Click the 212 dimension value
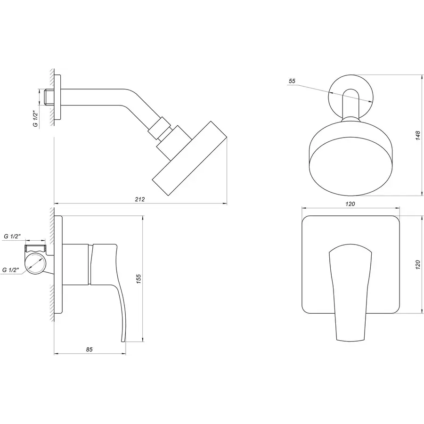pos(140,199)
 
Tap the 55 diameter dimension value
pos(292,82)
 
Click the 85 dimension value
pos(90,349)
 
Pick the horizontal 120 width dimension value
pos(350,204)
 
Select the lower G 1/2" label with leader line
pos(10,270)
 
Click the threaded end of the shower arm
pos(46,98)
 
